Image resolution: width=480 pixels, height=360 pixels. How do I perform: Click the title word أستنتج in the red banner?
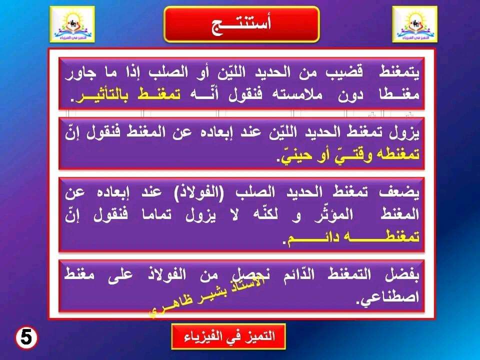tap(241, 24)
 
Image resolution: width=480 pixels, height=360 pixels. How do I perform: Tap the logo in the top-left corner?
tap(72, 24)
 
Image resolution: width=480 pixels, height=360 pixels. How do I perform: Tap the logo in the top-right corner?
tap(415, 24)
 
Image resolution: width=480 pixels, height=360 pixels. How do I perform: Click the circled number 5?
tap(26, 338)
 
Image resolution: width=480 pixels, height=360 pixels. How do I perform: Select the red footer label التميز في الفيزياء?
tap(228, 336)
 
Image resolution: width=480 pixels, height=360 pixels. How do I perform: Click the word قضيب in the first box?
tap(344, 72)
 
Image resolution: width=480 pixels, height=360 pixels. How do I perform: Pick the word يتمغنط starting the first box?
tap(399, 72)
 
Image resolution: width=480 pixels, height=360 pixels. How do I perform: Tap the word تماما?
tap(156, 214)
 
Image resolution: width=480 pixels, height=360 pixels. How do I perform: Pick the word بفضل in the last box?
tap(402, 274)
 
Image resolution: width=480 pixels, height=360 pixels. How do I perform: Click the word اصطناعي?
tap(389, 297)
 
